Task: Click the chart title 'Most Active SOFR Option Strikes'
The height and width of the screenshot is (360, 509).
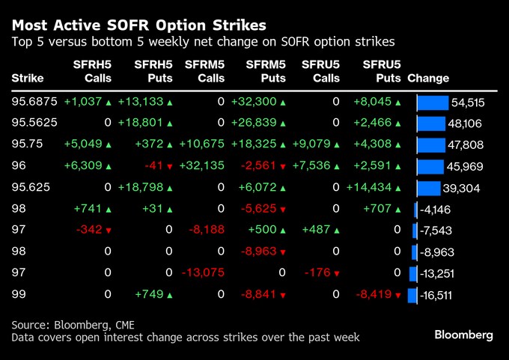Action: [138, 25]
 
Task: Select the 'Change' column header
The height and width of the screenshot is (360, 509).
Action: [428, 79]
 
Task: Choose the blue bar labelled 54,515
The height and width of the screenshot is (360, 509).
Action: [432, 103]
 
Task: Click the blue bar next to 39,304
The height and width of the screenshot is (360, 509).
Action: [428, 189]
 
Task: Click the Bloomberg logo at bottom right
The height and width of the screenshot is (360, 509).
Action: [463, 335]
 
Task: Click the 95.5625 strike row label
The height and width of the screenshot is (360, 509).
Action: [36, 122]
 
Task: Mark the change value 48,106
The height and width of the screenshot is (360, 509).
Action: [465, 124]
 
